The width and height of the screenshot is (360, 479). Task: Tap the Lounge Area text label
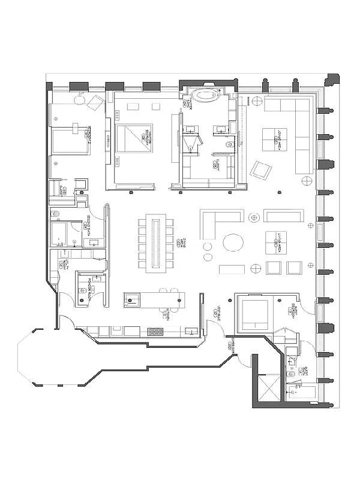277,141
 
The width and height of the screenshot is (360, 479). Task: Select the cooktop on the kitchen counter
155,331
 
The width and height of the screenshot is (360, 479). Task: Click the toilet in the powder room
83,292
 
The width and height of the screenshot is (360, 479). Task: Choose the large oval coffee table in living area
233,242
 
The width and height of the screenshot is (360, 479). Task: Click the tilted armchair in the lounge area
260,169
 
